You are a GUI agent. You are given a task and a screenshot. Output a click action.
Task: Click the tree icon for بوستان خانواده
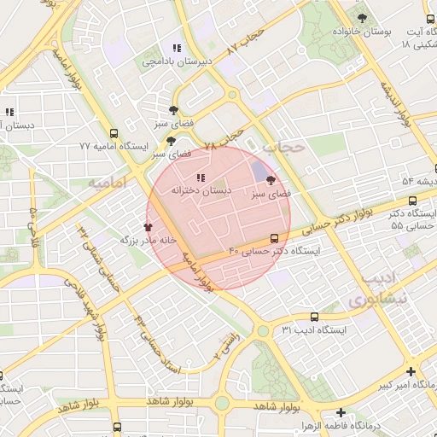click(x=364, y=16)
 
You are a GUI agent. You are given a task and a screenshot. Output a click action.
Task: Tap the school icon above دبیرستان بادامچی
click(x=177, y=48)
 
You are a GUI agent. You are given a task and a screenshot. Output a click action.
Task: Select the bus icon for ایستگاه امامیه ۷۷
click(x=114, y=132)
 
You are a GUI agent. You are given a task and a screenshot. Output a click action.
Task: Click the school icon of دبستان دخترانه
click(x=201, y=178)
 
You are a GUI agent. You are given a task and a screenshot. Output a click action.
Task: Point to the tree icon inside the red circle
click(x=271, y=180)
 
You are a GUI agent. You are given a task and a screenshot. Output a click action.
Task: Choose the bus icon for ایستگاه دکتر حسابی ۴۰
click(x=274, y=238)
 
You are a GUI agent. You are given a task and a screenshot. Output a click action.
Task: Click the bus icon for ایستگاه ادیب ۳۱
click(x=314, y=317)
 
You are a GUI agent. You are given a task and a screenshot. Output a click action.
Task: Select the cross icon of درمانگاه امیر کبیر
click(x=411, y=372)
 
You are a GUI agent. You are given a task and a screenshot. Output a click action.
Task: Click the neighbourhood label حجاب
click(x=283, y=147)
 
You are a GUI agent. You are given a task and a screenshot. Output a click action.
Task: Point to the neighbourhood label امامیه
click(x=107, y=184)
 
